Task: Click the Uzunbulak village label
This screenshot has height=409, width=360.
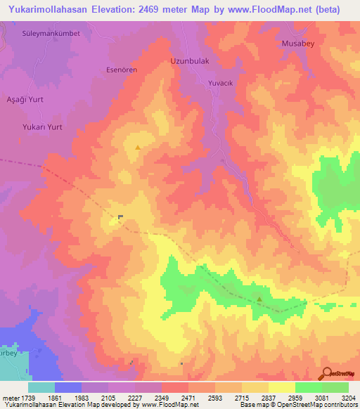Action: tap(190, 61)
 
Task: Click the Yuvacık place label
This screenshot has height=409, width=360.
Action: tap(221, 83)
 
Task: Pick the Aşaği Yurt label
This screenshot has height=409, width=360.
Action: tap(25, 100)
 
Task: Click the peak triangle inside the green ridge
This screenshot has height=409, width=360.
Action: tap(259, 299)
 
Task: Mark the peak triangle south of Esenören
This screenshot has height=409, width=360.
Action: tap(138, 148)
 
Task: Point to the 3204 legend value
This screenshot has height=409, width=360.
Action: tap(348, 398)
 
